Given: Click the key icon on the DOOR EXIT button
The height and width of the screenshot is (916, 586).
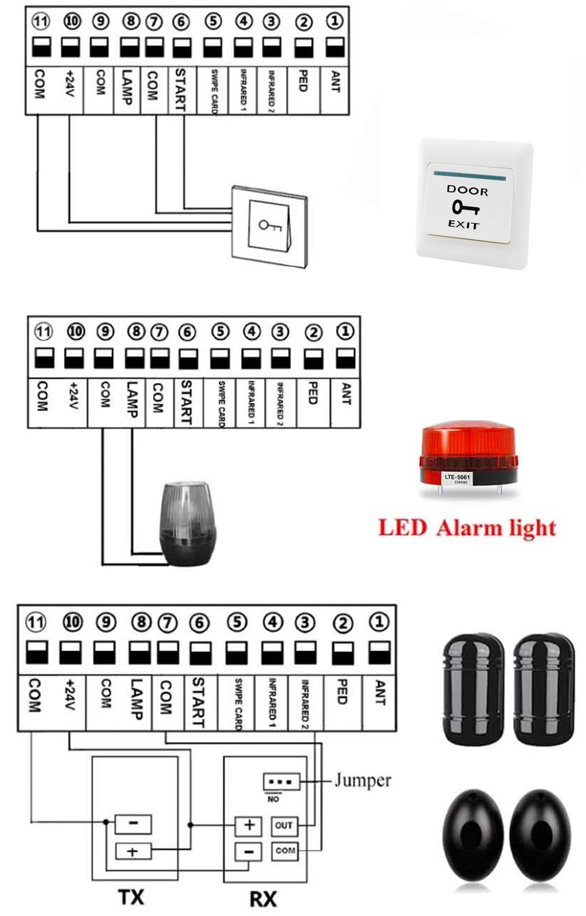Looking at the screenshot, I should point(465,207).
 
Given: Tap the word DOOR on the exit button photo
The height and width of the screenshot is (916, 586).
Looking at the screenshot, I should point(467,191).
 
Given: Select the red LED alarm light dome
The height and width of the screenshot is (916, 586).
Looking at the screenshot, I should point(468,446).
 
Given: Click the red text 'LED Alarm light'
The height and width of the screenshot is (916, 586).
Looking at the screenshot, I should point(467,528).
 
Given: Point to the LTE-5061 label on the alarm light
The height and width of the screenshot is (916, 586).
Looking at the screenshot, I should point(457,478).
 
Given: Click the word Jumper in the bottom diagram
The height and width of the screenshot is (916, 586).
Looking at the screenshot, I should point(362,780).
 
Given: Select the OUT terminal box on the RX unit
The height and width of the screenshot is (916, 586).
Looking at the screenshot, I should point(284,825).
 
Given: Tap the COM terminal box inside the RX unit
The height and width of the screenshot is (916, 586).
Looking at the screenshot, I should point(285,850).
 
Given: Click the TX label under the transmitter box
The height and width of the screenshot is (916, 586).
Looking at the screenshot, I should point(131,897).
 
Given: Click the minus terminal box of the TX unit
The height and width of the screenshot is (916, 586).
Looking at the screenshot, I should point(133,823).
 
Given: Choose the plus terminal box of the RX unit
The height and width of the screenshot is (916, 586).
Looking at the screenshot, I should point(249,825).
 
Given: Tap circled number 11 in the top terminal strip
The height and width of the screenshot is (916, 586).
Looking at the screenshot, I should point(40,22).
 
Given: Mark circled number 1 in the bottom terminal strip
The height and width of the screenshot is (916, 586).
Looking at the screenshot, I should point(379,621).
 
